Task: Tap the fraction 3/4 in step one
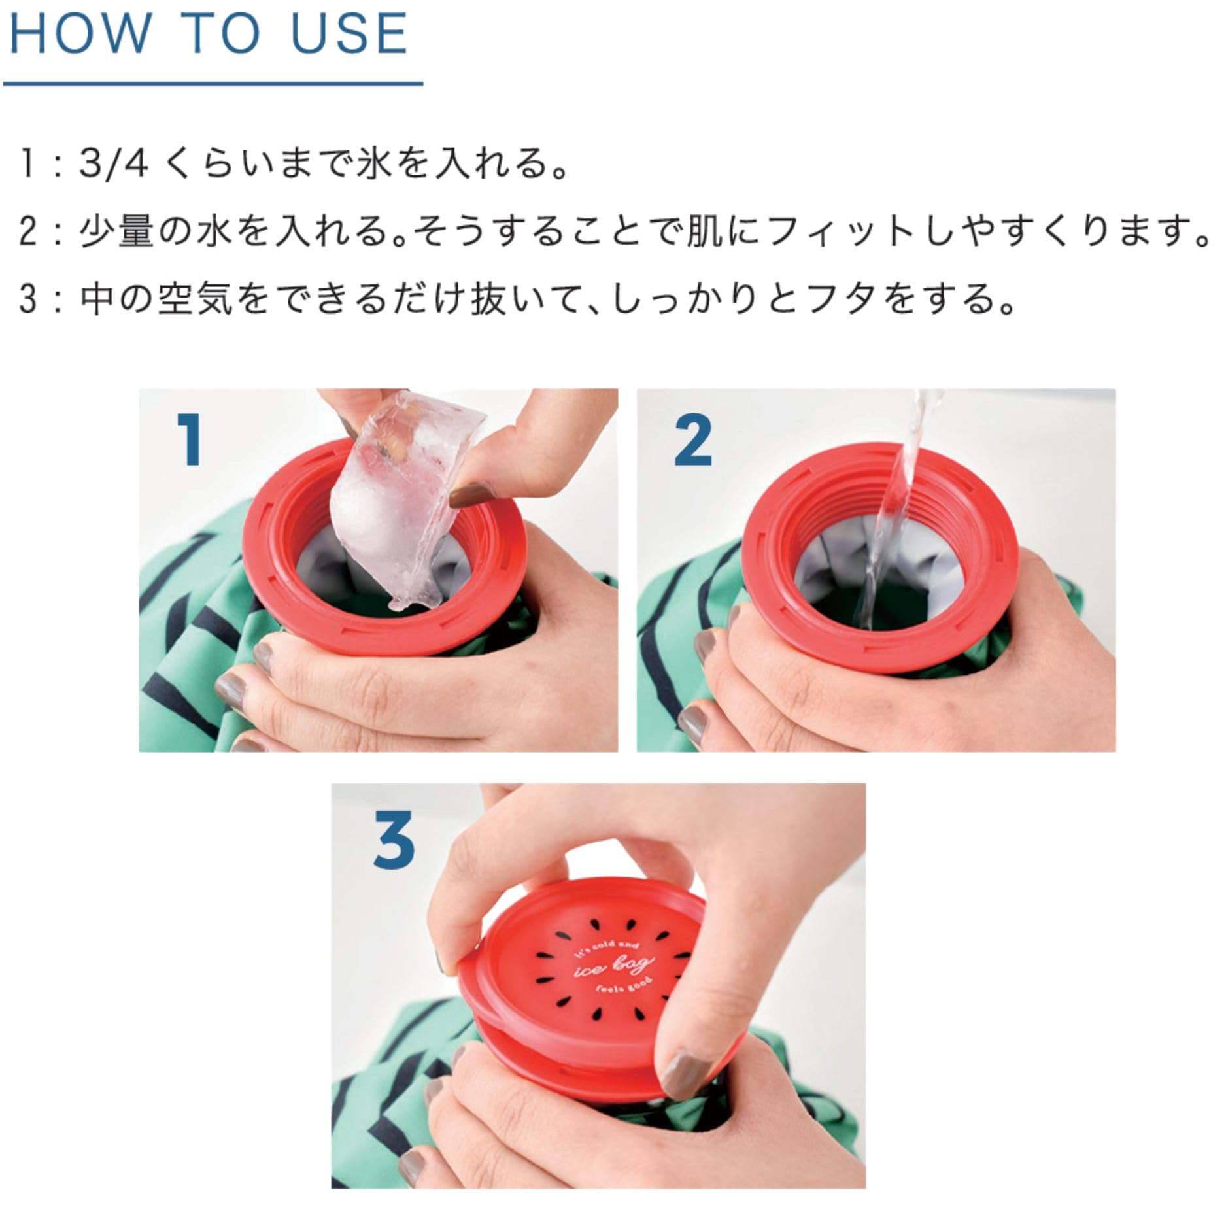click(113, 163)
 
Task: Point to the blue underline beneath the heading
click(213, 84)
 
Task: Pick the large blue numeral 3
click(394, 838)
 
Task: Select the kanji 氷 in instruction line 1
click(375, 163)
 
